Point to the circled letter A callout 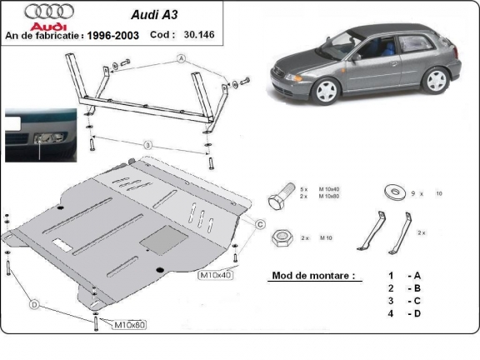pyautogui.click(x=179, y=59)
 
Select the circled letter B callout pyautogui.click(x=147, y=145)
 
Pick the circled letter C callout pyautogui.click(x=260, y=225)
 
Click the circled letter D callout pyautogui.click(x=35, y=305)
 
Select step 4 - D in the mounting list pyautogui.click(x=402, y=313)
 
